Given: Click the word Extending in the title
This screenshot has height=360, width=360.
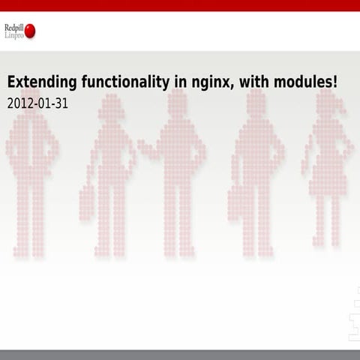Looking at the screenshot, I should tap(37, 82).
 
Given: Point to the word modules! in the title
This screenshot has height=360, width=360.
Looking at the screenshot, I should tap(304, 82).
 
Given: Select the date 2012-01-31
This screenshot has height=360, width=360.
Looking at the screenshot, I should tap(37, 103).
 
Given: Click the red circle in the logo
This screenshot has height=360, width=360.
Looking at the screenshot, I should tap(30, 31).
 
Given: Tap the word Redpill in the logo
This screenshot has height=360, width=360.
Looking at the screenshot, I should tap(13, 27).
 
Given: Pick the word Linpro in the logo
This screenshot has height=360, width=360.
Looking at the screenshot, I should tap(13, 35).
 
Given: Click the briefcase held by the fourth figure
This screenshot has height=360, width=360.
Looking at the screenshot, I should tap(238, 203).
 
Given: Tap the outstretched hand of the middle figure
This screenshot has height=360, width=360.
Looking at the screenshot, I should tap(142, 146).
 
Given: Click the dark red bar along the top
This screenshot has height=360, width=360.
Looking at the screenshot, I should tap(180, 5).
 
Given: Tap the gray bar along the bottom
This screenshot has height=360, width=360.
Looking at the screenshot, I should tap(180, 355).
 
